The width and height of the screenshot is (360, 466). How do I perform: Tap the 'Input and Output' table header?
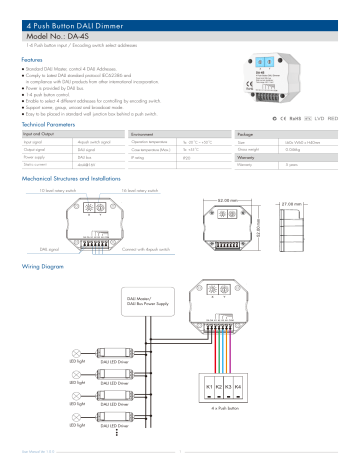tap(40, 133)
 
